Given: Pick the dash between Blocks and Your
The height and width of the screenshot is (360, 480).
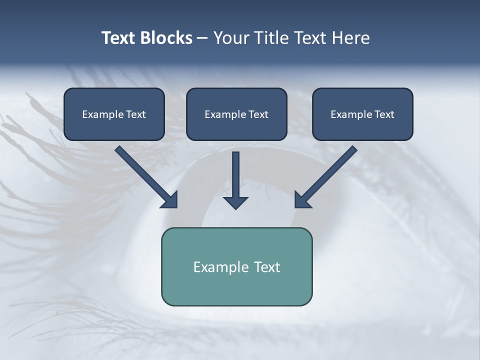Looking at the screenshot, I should coord(202,38).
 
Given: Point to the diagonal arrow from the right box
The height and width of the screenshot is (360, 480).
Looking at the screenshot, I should coord(325,177).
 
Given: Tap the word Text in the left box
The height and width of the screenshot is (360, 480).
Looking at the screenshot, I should coord(136,114).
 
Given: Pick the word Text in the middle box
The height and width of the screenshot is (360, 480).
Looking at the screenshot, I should coord(258,114).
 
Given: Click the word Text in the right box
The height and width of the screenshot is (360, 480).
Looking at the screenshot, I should coord(384,114).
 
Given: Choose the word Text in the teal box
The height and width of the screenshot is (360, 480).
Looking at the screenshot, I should coord(267,267).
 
